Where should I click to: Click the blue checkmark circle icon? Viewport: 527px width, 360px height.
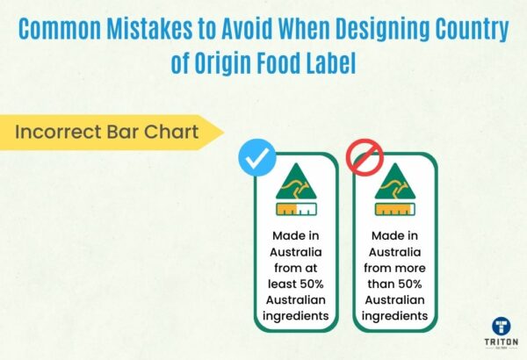pos(257,159)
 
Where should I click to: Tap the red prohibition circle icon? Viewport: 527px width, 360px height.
pos(364,159)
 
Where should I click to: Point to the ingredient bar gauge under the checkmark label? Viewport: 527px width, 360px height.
pos(296,210)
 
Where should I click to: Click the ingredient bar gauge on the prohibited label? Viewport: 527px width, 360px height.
pos(394,210)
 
